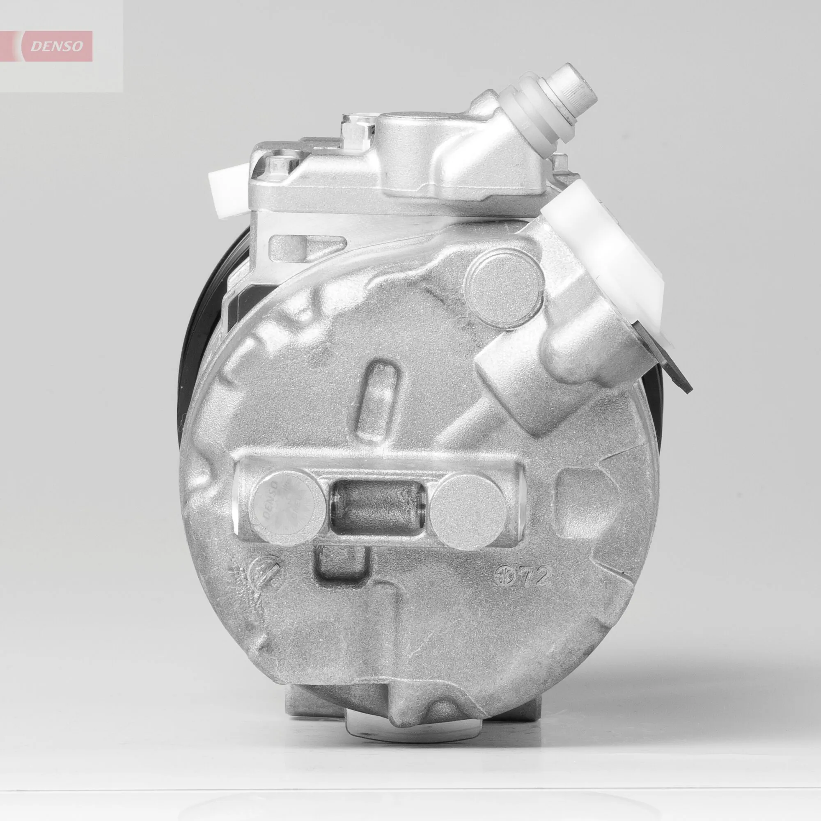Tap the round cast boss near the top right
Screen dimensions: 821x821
tap(505, 280)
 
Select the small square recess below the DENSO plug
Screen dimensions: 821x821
tap(340, 568)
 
